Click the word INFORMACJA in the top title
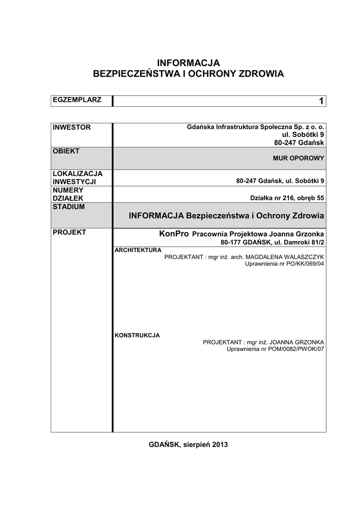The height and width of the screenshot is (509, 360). [x=188, y=63]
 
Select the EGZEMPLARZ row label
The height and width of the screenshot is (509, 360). [x=77, y=99]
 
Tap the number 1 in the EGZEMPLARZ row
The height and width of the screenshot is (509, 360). [x=321, y=101]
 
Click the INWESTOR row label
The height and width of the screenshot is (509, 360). [x=72, y=127]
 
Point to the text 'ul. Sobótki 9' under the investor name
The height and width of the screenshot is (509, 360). [x=303, y=135]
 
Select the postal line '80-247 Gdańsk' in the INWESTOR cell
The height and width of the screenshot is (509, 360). [x=299, y=143]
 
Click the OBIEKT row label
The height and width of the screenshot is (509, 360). [x=66, y=151]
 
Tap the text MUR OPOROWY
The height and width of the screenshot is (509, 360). [x=298, y=158]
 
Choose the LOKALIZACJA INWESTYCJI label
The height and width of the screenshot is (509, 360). [x=78, y=177]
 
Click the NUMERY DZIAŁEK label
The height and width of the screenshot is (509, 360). [x=68, y=194]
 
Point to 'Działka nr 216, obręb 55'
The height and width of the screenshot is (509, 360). [x=287, y=198]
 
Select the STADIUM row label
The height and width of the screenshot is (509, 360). [x=69, y=206]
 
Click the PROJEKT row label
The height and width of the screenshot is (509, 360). [x=70, y=232]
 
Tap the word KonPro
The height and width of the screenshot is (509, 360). [x=174, y=234]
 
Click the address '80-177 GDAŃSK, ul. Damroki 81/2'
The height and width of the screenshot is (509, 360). [x=272, y=242]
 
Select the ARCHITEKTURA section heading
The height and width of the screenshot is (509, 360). [x=138, y=250]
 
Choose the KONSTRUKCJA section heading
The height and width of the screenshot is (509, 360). [x=137, y=335]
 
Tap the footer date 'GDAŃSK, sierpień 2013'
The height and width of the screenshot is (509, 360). [x=188, y=444]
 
